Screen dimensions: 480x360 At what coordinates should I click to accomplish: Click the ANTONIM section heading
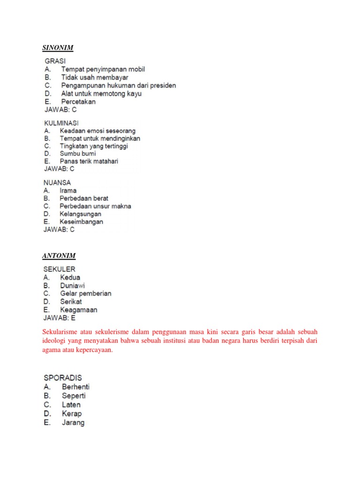(x=59, y=255)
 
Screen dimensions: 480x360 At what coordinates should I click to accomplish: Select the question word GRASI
(x=55, y=61)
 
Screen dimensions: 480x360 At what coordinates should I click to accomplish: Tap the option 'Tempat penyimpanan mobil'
(x=103, y=69)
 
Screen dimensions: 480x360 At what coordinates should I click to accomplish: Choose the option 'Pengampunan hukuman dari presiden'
(x=119, y=85)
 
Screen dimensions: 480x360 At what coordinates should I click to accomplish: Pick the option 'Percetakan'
(x=78, y=101)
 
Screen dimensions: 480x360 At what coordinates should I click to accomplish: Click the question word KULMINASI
(x=61, y=123)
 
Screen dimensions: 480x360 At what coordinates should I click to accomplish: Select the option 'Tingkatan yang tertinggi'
(x=94, y=146)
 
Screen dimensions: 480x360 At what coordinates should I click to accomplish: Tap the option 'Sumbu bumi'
(x=78, y=153)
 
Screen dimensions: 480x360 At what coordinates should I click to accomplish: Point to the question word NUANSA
(x=58, y=183)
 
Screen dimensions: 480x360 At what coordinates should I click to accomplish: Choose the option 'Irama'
(x=68, y=191)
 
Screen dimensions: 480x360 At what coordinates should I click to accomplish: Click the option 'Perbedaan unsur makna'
(x=95, y=206)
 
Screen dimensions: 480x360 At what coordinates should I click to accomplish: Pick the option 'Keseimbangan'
(x=82, y=222)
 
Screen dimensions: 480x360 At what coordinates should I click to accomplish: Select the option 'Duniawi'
(x=73, y=285)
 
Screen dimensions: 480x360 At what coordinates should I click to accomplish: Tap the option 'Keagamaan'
(x=79, y=310)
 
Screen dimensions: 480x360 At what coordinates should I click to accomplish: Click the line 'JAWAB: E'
(x=60, y=318)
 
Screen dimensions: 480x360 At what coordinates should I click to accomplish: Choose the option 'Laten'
(x=71, y=405)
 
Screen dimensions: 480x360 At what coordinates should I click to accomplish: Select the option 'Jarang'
(x=73, y=422)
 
